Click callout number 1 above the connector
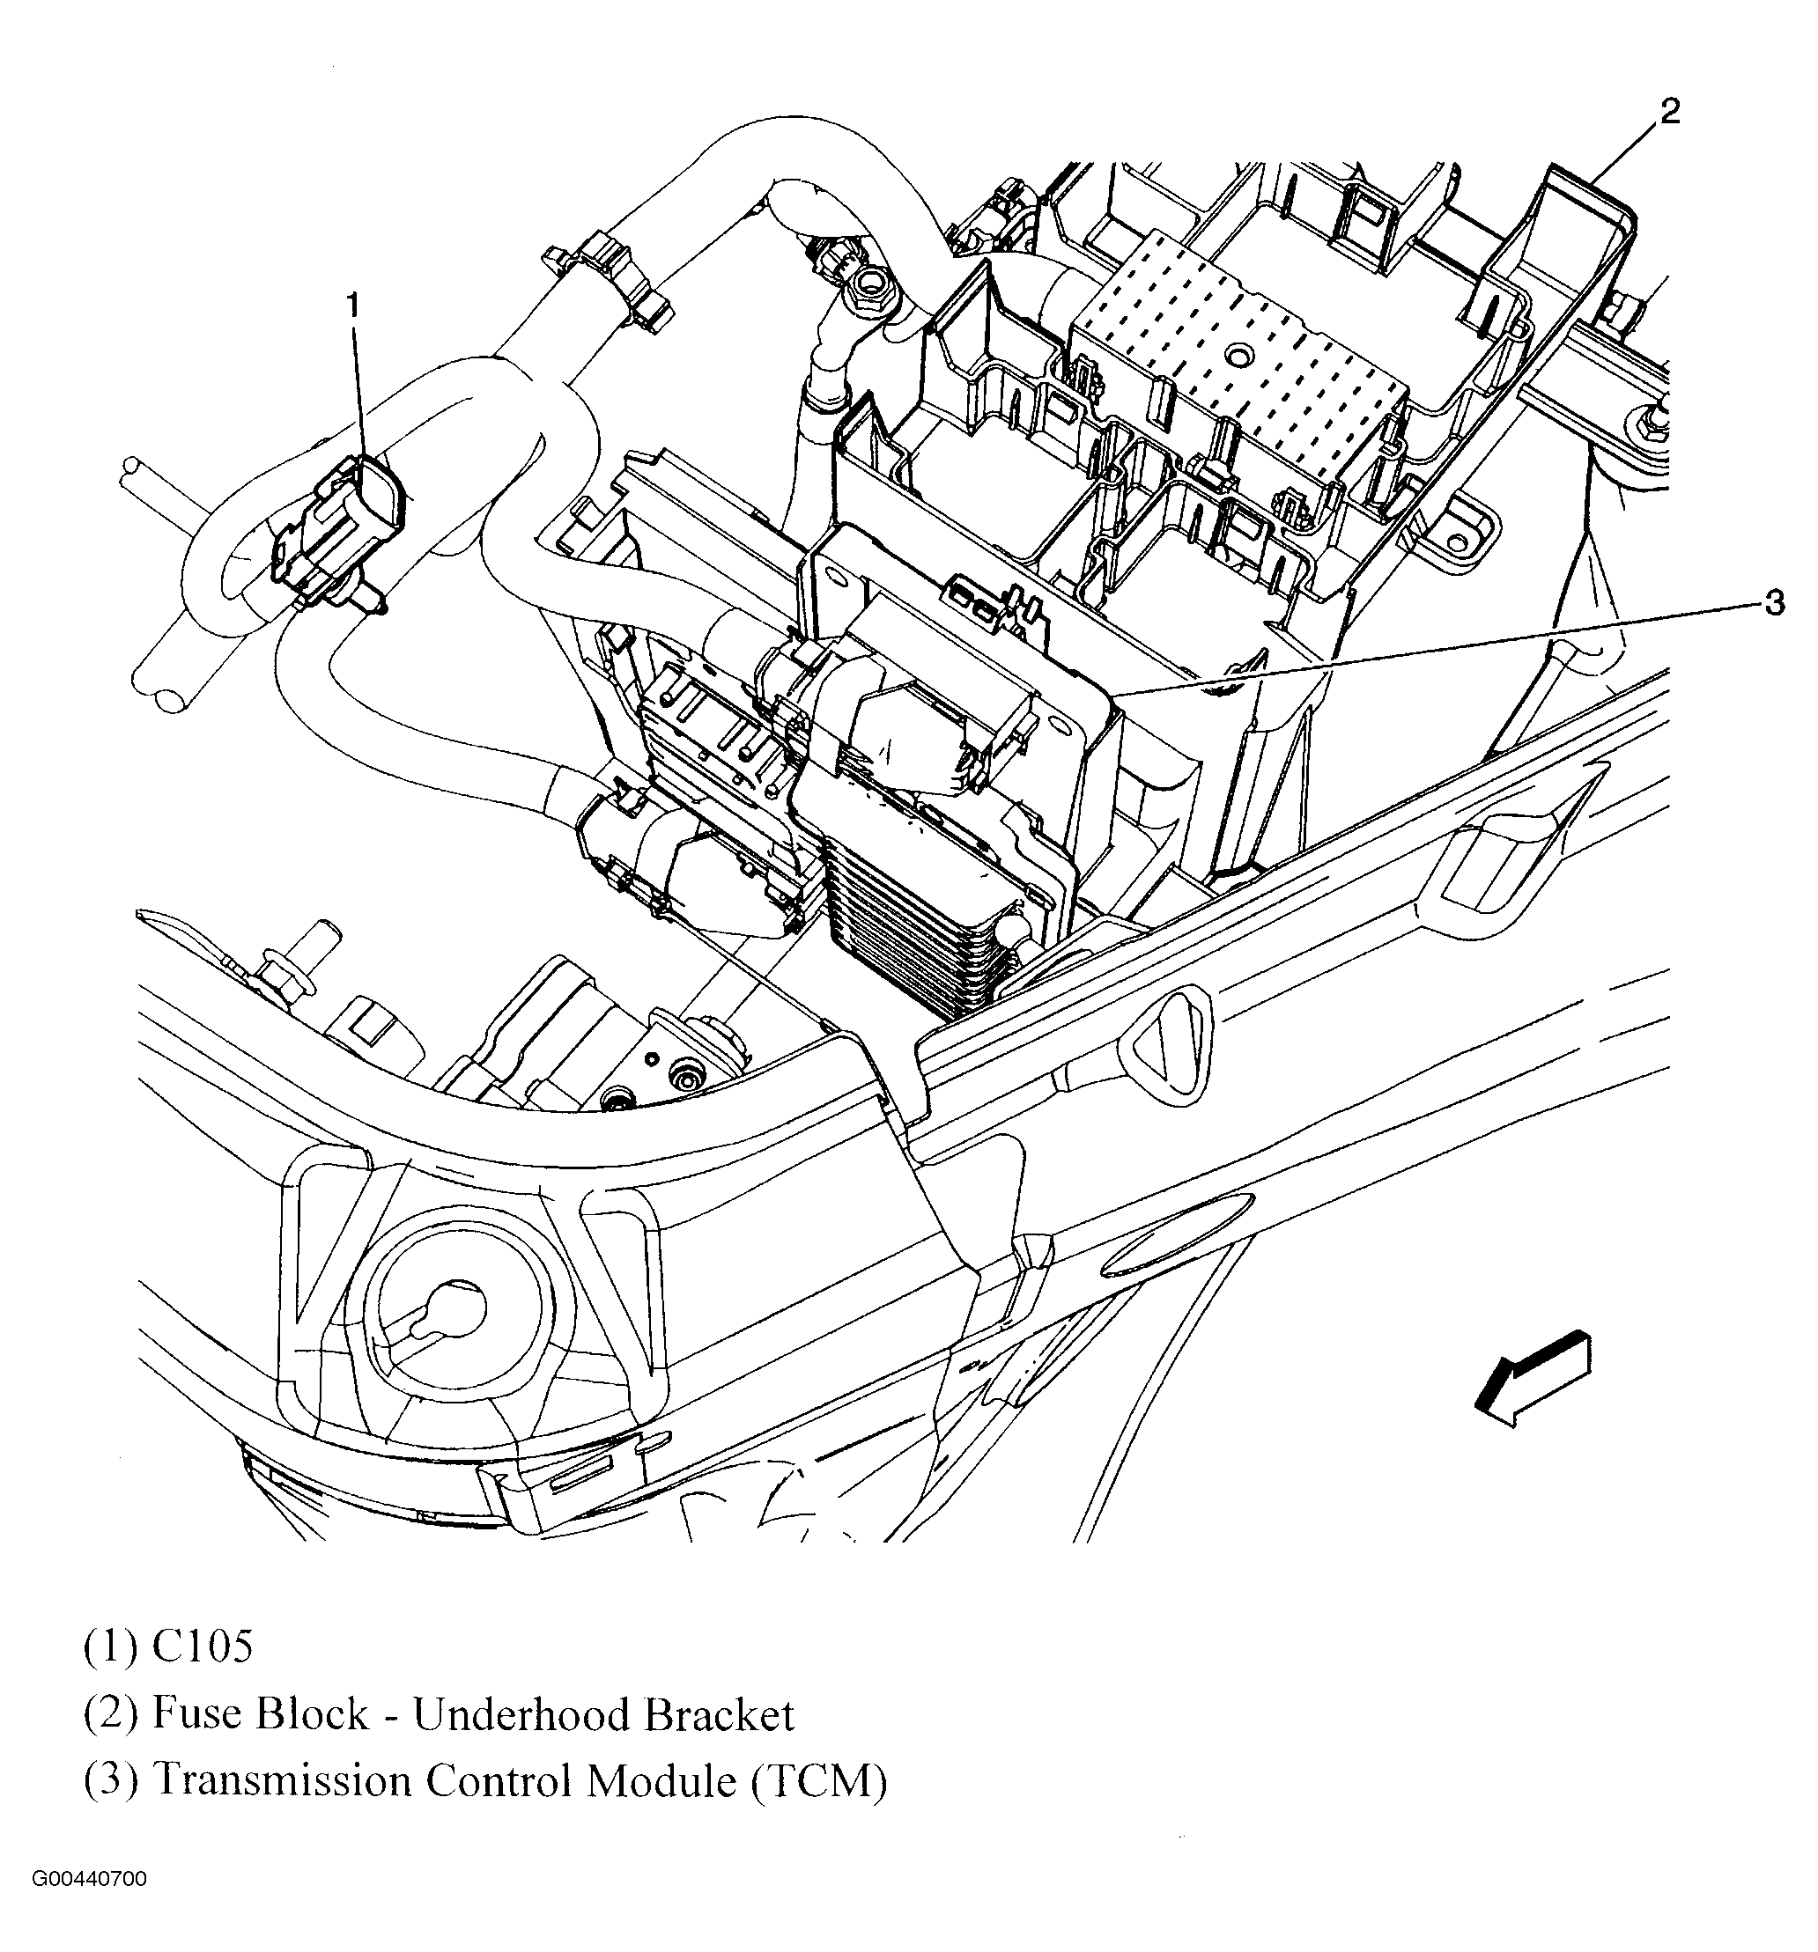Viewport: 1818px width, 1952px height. pos(351,306)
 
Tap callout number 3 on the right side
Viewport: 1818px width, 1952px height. pos(1774,603)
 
